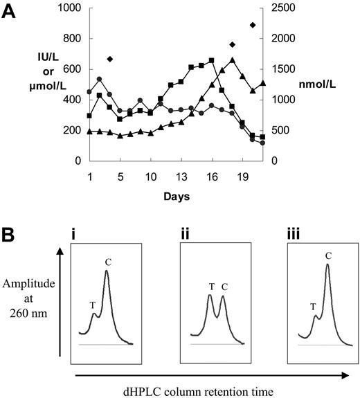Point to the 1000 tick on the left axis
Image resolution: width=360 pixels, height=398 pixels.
[66, 8]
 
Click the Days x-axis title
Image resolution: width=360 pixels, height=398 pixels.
[179, 197]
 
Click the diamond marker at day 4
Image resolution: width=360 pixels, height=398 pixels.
[110, 59]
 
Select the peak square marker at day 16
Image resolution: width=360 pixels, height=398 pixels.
[212, 60]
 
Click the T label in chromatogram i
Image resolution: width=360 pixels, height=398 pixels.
[93, 304]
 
